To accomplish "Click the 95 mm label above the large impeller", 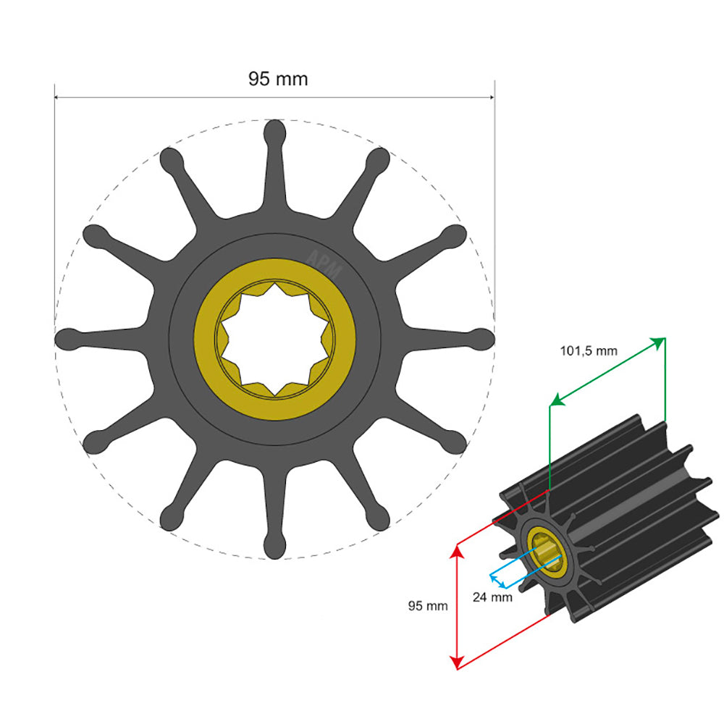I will pos(278,79).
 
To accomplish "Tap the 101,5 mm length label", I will pos(589,351).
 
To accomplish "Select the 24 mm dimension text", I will pos(492,597).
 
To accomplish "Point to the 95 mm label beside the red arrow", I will pos(428,606).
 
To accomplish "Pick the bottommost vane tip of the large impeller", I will pos(274,547).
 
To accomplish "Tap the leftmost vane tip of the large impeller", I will pos(67,339).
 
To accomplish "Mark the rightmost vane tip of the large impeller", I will pos(482,339).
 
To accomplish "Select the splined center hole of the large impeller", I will pos(274,339).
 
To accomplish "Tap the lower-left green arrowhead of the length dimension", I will pos(554,400).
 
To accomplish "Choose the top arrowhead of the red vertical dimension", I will pos(456,552).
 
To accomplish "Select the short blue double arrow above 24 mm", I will pos(497,581).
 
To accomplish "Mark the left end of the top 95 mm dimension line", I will pos(56,98).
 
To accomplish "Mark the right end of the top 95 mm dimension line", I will pos(494,98).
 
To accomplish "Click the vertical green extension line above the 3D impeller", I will pos(549,449).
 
